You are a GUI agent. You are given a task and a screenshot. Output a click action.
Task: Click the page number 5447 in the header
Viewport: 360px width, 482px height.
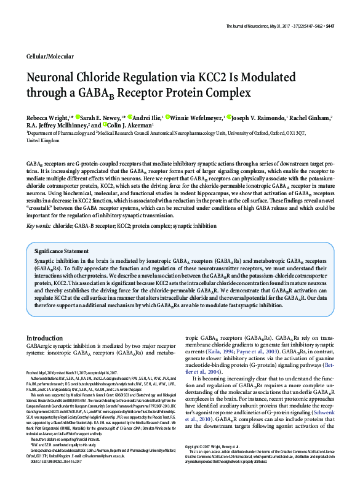[x=348, y=9]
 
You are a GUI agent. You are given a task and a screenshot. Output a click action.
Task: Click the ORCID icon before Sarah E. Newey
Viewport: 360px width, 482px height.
[x=78, y=117]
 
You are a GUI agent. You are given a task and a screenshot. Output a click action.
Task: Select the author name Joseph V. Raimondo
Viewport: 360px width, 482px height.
[x=265, y=117]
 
